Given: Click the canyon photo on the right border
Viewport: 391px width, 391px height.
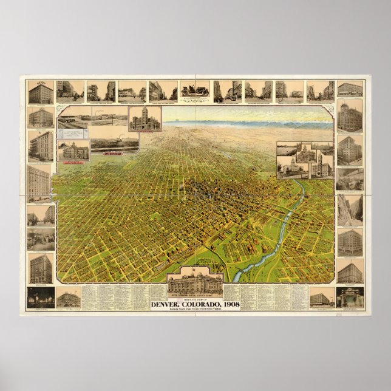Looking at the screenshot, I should pos(350,209).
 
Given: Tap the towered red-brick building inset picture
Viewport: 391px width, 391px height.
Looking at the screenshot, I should pos(144,120).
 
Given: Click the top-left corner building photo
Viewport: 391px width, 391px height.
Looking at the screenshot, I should pos(40,92).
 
